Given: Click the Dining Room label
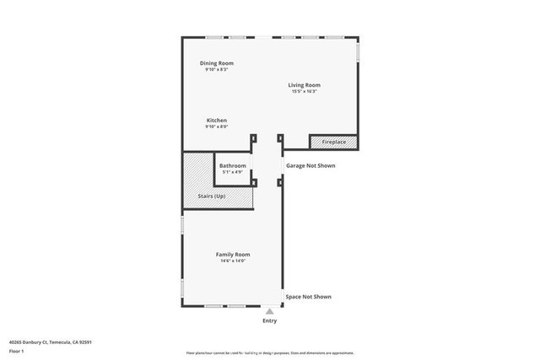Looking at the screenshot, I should [217, 63].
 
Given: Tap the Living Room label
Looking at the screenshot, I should [304, 85].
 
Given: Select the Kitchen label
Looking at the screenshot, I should [217, 121].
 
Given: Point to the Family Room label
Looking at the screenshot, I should [233, 255].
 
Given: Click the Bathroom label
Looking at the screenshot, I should [233, 166].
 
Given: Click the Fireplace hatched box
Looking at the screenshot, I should [333, 142].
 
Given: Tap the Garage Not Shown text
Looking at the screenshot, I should [310, 166].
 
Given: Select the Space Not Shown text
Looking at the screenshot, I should [308, 297].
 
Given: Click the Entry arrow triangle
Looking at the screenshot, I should [270, 310].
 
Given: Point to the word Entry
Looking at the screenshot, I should [270, 320].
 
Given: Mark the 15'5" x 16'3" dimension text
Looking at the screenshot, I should [304, 91].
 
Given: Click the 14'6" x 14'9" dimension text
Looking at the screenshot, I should [233, 261].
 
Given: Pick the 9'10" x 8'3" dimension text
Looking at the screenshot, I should [217, 69].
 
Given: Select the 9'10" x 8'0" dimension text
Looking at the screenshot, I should [217, 126].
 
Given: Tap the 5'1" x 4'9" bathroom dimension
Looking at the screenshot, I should [233, 172].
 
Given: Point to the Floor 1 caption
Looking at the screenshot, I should [16, 351].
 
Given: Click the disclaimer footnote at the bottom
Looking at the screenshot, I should [270, 353].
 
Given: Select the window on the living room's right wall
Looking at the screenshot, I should [358, 51].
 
